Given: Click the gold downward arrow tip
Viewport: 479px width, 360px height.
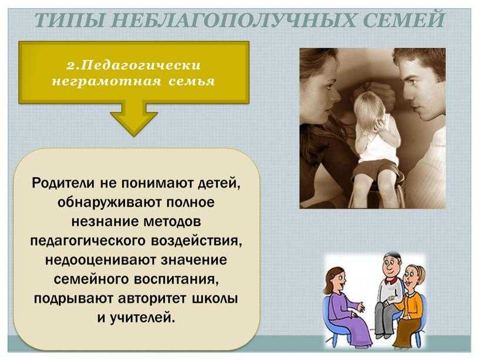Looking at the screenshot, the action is pyautogui.click(x=134, y=136).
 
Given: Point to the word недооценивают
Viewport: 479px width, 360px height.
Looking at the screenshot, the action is pyautogui.click(x=100, y=260).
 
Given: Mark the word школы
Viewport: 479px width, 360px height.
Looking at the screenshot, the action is pyautogui.click(x=215, y=298).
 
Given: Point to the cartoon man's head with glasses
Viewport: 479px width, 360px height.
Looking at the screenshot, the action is pyautogui.click(x=391, y=265).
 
